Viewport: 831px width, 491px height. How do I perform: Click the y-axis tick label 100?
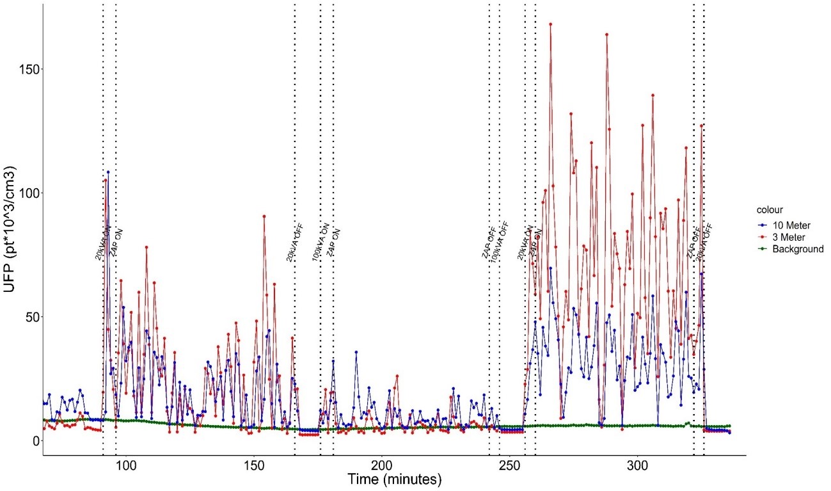(26, 193)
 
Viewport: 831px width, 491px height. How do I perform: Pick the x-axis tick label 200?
(382, 463)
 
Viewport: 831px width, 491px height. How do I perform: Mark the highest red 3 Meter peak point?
(550, 24)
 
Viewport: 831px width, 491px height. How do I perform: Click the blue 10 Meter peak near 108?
(108, 172)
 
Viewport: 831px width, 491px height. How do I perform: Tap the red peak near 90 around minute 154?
(264, 216)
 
